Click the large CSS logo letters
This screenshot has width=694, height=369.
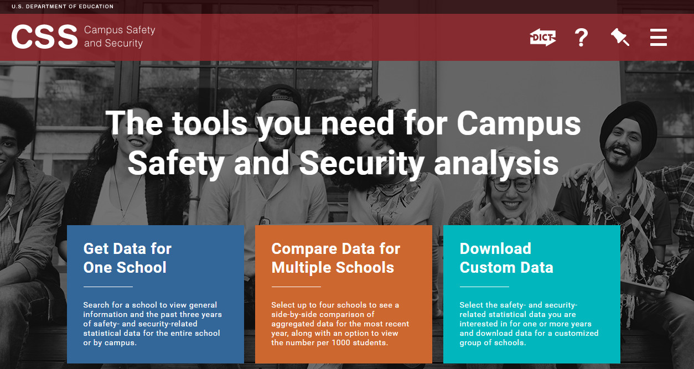[44, 37]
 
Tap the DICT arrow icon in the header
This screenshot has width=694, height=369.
[543, 37]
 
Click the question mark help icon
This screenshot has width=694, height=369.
[581, 38]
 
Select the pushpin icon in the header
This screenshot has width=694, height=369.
[620, 37]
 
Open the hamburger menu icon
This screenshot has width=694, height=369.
[659, 38]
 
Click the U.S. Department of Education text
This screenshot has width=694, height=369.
[63, 7]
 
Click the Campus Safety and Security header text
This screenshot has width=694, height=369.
[120, 37]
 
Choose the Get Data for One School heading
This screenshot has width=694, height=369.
[127, 258]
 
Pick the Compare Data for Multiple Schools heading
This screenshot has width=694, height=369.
[336, 258]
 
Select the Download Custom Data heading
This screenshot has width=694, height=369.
[506, 258]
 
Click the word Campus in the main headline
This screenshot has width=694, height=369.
[519, 124]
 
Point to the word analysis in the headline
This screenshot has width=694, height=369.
[496, 164]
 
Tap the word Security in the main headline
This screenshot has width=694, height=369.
[361, 164]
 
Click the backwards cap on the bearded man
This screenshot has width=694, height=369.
[278, 97]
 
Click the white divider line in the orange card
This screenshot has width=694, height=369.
[296, 287]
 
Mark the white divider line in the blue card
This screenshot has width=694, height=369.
[108, 287]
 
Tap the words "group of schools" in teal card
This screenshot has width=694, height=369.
[493, 342]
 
